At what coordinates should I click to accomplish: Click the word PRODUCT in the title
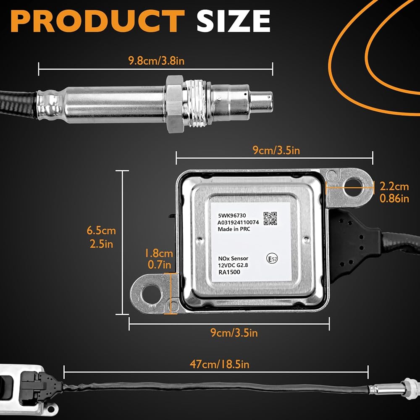pyautogui.click(x=98, y=21)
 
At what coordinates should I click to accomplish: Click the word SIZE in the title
pyautogui.click(x=233, y=21)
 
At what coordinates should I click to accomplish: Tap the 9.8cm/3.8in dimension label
pyautogui.click(x=156, y=61)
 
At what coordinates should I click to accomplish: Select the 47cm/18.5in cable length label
pyautogui.click(x=219, y=364)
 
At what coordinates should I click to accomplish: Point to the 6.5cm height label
pyautogui.click(x=101, y=231)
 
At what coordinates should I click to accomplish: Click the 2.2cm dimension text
pyautogui.click(x=394, y=186)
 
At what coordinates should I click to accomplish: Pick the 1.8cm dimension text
pyautogui.click(x=159, y=253)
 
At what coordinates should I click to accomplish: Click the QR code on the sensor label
pyautogui.click(x=270, y=218)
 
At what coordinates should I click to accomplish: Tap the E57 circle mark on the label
pyautogui.click(x=273, y=258)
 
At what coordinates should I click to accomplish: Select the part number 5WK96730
pyautogui.click(x=232, y=215)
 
